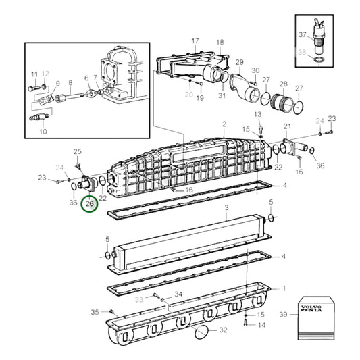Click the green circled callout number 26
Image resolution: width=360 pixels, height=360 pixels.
[x=89, y=202]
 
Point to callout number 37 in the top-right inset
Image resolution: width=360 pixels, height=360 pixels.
[x=303, y=36]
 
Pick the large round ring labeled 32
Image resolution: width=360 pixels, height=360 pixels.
[x=201, y=332]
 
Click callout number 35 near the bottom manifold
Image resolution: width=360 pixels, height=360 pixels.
[x=95, y=311]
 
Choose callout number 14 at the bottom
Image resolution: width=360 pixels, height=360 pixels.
[x=262, y=325]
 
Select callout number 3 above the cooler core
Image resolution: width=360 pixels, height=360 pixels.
[x=227, y=207]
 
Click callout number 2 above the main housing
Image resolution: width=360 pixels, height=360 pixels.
[x=224, y=124]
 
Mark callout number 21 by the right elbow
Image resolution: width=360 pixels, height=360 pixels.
[x=287, y=126]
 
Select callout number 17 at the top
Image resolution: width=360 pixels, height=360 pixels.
[x=195, y=41]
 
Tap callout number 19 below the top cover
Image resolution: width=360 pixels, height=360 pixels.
[x=200, y=99]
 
